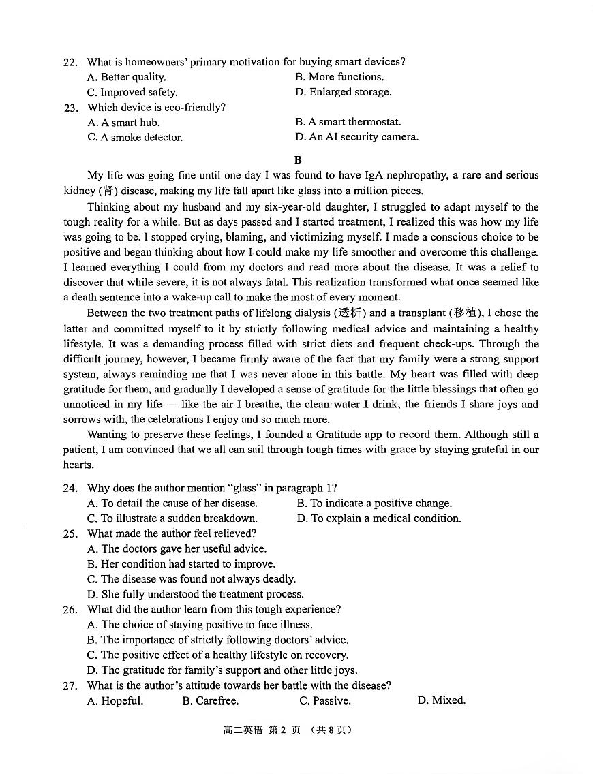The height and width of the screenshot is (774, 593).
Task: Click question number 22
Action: click(70, 62)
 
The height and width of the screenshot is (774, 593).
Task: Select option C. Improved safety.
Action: click(132, 92)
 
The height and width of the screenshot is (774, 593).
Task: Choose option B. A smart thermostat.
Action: click(348, 122)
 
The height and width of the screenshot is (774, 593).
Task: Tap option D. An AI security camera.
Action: click(356, 137)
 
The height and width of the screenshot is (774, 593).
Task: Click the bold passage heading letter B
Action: click(297, 160)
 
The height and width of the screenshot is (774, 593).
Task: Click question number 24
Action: click(70, 489)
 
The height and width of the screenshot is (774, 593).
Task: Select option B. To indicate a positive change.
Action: click(374, 504)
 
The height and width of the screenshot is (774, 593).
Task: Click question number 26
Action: click(70, 610)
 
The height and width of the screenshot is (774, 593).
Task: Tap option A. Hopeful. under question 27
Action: click(115, 700)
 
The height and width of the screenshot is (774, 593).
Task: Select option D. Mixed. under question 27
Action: click(441, 700)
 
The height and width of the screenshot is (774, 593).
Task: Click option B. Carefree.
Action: click(210, 700)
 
